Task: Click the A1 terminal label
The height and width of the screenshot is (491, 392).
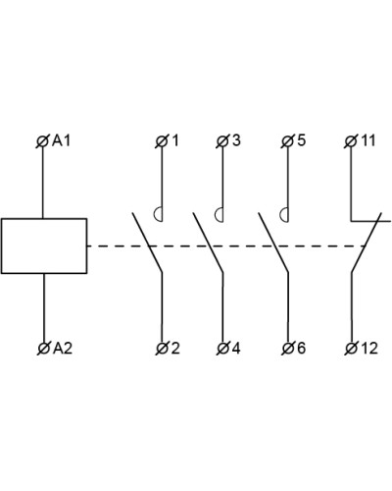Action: point(62,141)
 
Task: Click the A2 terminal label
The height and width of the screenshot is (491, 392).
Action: point(63,349)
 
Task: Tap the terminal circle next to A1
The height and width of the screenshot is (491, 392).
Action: point(42,142)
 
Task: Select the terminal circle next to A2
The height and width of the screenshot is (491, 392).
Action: point(43,349)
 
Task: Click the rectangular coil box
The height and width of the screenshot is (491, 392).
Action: point(44,245)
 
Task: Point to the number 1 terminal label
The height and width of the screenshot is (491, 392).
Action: point(175,140)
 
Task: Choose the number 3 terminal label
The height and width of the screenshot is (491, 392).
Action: point(236,140)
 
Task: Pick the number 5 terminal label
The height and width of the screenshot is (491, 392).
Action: point(301,140)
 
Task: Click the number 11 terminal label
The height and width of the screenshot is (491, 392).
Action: point(367,140)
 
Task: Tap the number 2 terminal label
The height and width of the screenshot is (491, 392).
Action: point(175,348)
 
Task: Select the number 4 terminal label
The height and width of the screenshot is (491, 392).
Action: point(236,348)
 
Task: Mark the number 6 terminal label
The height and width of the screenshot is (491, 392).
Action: point(301,348)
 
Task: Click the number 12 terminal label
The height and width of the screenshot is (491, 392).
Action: point(369,348)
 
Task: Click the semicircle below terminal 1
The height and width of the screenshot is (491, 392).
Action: point(154,215)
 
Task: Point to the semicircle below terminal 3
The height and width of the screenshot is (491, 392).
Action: point(216,215)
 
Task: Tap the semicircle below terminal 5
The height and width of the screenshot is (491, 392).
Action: point(280,215)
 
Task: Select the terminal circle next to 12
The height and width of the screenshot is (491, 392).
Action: point(351,349)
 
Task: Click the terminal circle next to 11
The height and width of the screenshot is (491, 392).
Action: point(351,141)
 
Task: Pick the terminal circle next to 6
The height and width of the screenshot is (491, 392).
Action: point(288,349)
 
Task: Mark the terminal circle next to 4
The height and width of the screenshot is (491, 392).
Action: point(222,349)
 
